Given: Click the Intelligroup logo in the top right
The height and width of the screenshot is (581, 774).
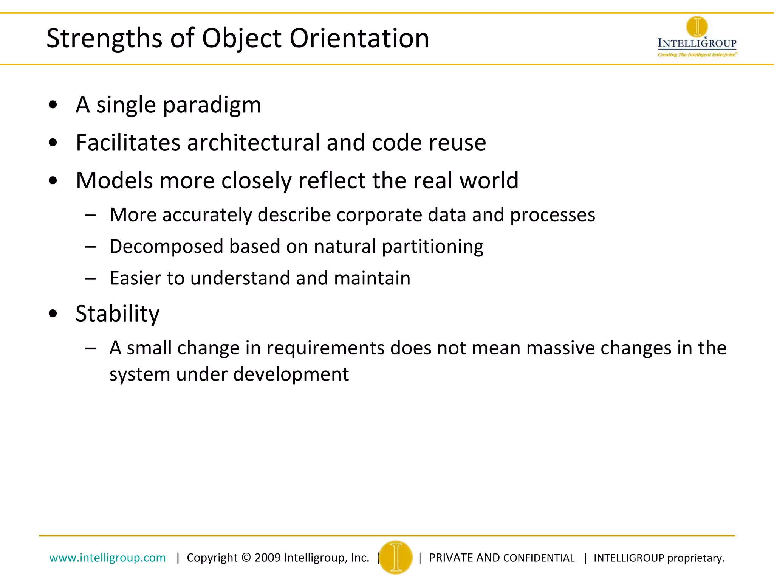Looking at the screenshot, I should point(697,37).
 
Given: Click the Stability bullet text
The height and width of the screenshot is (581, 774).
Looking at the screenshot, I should point(118,314).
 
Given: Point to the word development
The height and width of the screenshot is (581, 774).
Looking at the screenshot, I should point(291,374).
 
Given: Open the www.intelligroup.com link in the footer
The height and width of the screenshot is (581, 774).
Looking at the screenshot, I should point(107,558).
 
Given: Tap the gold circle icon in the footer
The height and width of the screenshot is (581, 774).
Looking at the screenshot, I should point(396,557).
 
